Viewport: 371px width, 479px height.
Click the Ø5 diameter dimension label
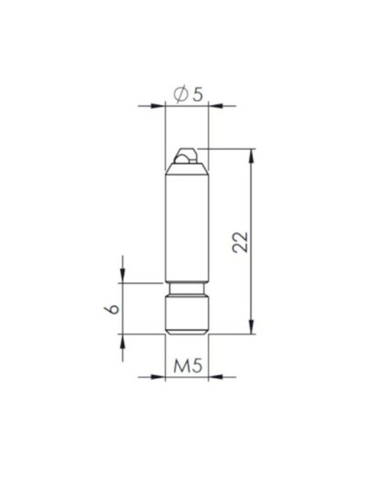click(x=188, y=94)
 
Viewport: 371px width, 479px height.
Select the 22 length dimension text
click(x=240, y=242)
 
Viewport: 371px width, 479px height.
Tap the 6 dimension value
click(x=112, y=309)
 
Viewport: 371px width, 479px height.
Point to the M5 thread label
click(x=188, y=366)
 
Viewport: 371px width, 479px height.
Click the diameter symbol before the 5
click(x=181, y=94)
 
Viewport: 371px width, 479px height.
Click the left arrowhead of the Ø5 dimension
click(x=158, y=106)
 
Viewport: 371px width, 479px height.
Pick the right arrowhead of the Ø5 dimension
click(x=215, y=106)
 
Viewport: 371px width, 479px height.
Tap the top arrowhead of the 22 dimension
click(x=251, y=156)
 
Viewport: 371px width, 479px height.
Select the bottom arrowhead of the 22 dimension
click(x=251, y=327)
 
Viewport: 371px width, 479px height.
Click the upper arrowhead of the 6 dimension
click(x=122, y=276)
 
